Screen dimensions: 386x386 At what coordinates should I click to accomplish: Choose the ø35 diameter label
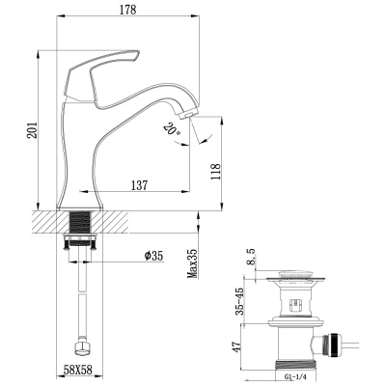coord(154,255)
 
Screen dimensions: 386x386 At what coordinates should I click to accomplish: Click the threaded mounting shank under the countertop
coord(81,234)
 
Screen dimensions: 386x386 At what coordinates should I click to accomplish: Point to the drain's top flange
coord(299,280)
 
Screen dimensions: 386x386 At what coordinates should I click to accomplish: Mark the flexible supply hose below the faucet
coord(81,299)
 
